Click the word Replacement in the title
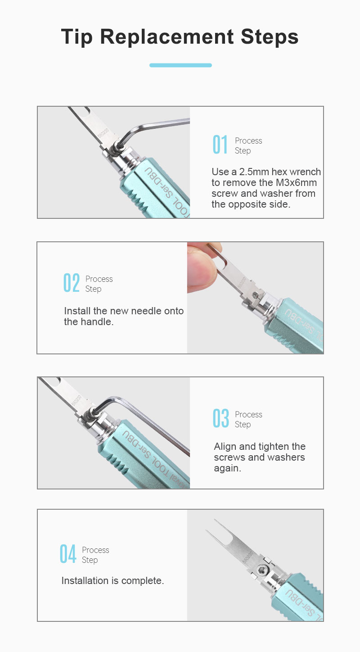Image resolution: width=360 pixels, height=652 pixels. coord(166,37)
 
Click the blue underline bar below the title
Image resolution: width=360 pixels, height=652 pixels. coord(180,65)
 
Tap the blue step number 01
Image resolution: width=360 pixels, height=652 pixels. coord(220,145)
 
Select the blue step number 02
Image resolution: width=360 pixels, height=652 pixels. coord(71,283)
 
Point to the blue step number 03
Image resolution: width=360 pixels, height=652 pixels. coord(220,418)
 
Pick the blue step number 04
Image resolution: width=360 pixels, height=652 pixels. coord(68,554)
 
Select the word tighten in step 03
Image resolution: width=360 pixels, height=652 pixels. coord(274,446)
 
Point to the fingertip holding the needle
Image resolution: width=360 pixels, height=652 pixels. coord(202,269)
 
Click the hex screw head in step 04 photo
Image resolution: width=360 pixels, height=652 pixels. coord(261,568)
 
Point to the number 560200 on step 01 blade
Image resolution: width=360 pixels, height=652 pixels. coord(103,133)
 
